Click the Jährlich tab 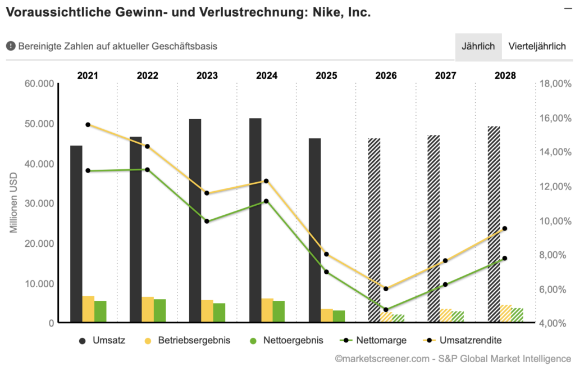click(478, 46)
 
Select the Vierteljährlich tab click(537, 46)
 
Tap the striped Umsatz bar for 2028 click(493, 224)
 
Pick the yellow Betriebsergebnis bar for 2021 click(88, 309)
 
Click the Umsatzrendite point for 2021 click(88, 125)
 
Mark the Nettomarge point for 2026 click(386, 310)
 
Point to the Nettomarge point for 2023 click(207, 221)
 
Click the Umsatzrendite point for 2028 click(505, 228)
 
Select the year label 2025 click(326, 75)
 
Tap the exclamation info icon click(11, 46)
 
